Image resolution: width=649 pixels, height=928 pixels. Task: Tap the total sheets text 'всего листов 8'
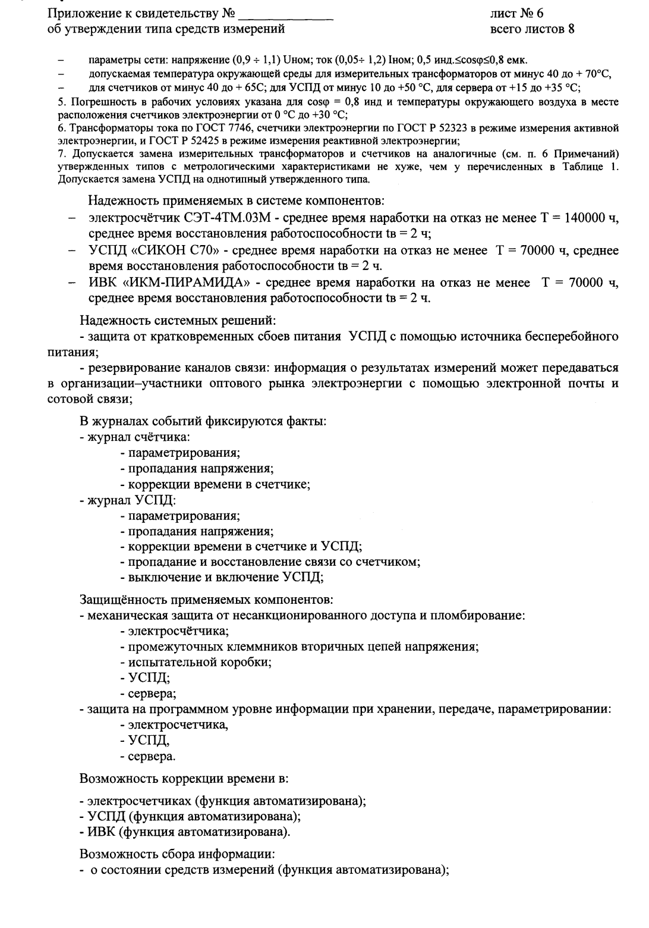click(x=532, y=28)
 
